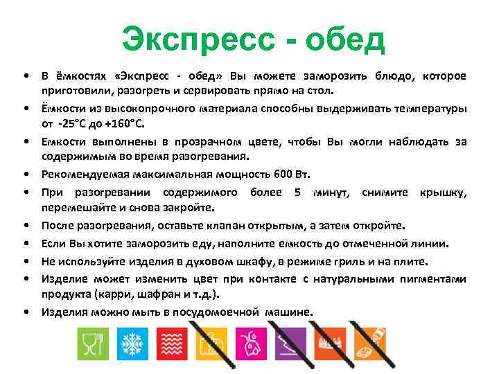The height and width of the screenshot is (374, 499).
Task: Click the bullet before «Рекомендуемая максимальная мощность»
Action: pos(25,172)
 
